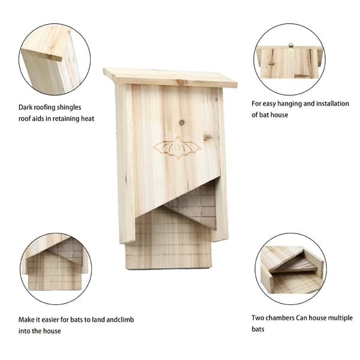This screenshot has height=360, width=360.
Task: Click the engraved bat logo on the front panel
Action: click(x=177, y=148)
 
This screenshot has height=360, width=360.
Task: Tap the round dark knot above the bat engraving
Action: click(x=182, y=122)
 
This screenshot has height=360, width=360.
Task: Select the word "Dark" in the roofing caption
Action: click(x=25, y=107)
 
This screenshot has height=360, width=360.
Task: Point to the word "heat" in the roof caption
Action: click(x=88, y=118)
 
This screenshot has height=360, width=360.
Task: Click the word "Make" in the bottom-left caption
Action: click(x=26, y=320)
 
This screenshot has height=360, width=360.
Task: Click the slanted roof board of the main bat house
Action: click(x=170, y=78)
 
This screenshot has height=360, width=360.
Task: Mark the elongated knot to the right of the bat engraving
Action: click(x=208, y=137)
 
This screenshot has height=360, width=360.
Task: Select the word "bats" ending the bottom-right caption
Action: click(x=258, y=329)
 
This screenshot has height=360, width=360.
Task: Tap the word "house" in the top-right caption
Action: click(x=280, y=115)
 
